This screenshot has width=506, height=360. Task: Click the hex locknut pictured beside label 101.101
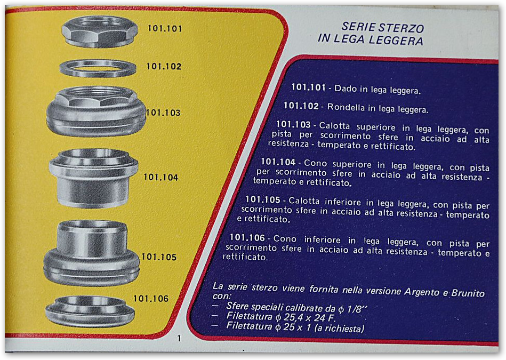(99, 31)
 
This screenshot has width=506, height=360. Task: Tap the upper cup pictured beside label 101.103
(96, 111)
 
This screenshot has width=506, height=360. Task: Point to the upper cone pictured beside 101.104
(93, 178)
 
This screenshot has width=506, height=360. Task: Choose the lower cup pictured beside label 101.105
(92, 253)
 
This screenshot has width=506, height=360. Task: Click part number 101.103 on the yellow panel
(163, 113)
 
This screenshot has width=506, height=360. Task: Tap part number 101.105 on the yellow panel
(159, 257)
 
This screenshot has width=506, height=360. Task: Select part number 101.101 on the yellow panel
(165, 28)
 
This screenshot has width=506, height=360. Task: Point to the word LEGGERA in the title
(396, 41)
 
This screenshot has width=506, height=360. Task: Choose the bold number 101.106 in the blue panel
(247, 238)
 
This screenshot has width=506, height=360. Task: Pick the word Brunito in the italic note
(468, 293)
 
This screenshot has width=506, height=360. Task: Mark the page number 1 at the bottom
(179, 338)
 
